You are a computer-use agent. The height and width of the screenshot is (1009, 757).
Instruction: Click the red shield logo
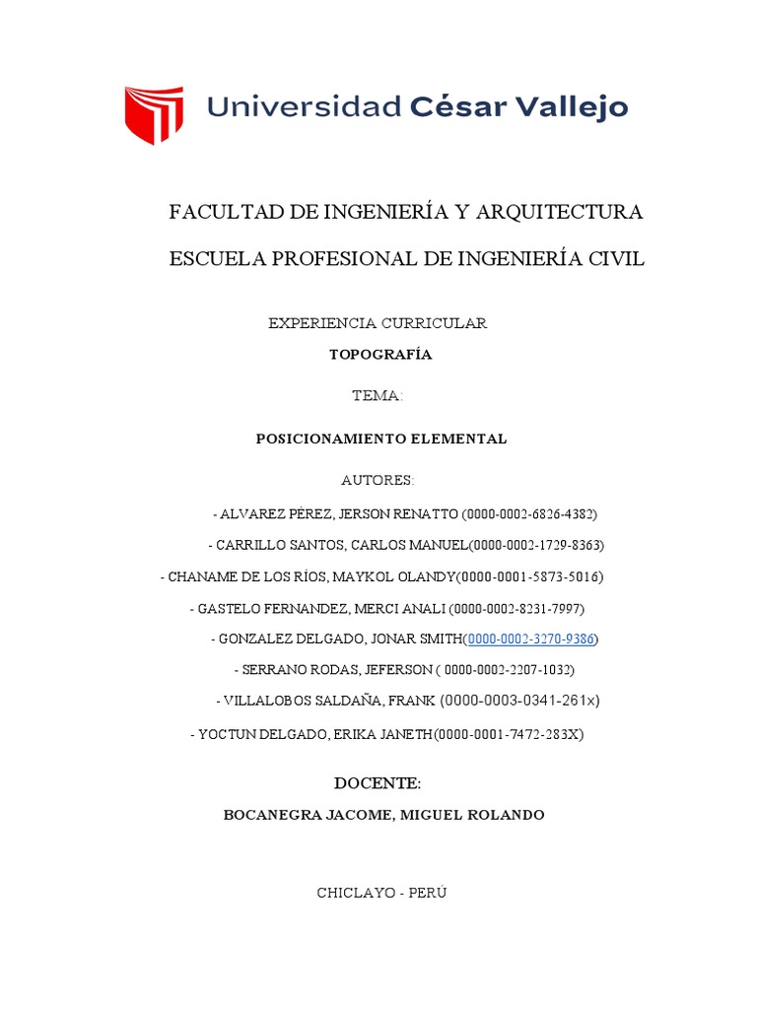pos(153,114)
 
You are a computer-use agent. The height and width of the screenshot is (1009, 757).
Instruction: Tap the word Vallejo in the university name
pos(574,106)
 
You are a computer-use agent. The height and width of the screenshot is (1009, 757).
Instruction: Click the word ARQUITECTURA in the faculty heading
pos(559,212)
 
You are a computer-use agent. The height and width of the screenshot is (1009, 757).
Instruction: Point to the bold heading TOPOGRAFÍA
pos(379,355)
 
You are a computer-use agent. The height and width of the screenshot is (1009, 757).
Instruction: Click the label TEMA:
pos(378,396)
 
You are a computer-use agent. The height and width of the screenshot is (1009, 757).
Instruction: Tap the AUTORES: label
pos(378,481)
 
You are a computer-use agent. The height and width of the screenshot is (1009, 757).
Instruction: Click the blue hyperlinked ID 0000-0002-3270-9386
pos(531,639)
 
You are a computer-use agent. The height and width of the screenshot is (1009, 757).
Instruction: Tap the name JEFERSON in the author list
pos(398,670)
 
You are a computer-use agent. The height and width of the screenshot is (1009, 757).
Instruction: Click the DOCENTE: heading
pos(378,784)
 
